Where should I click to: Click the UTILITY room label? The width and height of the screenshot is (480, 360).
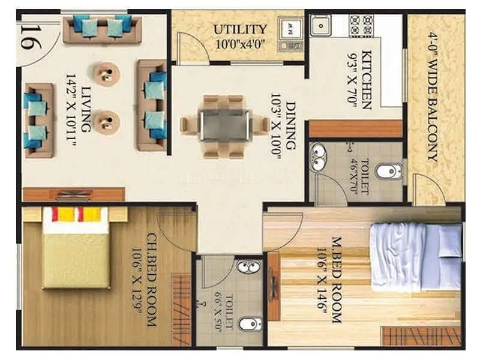tap(240, 29)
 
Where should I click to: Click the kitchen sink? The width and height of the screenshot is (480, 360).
tap(320, 26)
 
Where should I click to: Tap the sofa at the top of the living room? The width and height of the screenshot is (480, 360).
tap(102, 28)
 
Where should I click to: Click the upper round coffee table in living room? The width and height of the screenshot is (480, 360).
tap(107, 74)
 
